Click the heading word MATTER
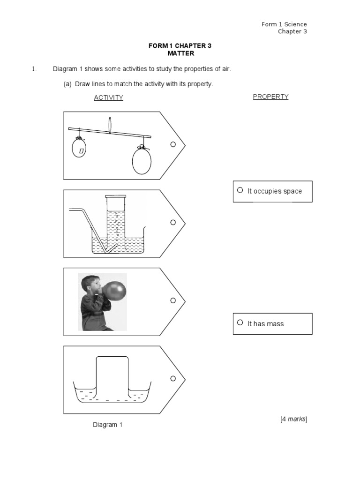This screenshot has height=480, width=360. pos(180,53)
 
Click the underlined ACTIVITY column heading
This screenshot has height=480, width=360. pos(108,97)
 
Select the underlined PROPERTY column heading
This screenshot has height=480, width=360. pos(270,97)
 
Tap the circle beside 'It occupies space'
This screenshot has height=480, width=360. pos(240,190)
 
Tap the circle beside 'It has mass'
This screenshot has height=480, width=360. pos(240,322)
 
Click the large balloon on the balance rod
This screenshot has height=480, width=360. pos(142,160)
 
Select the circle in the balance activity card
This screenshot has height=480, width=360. pos(173,144)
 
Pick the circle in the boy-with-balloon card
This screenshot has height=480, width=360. pos(173,300)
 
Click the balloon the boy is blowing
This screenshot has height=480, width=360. pos(114,292)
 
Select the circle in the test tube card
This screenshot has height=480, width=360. pos(173,222)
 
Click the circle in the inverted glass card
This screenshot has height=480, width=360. pos(173,378)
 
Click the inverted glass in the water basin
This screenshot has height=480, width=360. pos(112,377)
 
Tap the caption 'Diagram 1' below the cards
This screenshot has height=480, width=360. pos(107,425)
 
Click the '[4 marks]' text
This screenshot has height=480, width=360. pos(293,419)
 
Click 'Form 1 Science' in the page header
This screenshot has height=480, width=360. pos(284,24)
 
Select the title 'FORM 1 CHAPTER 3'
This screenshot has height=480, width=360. pos(180,45)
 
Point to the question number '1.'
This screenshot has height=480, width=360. pos(34,69)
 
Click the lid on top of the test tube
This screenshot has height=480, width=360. pos(116,196)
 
